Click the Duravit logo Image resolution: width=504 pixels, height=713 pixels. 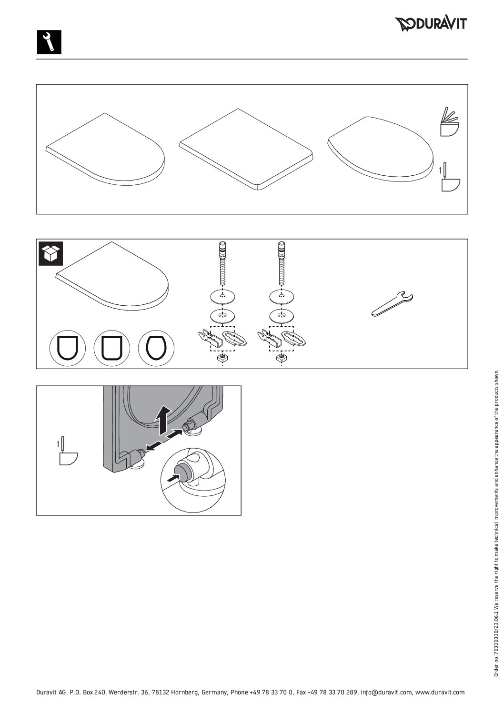click(x=431, y=24)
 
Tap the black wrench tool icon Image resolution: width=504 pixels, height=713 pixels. click(x=49, y=42)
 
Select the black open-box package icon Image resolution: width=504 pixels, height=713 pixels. click(x=50, y=253)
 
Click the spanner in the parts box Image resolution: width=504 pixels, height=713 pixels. click(x=392, y=304)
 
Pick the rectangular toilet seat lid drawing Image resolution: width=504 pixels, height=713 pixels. click(x=246, y=149)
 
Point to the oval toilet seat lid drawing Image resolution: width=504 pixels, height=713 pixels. click(x=381, y=148)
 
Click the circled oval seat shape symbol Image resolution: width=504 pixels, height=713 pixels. click(x=156, y=348)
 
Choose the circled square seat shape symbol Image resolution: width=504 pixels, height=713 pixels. click(x=112, y=348)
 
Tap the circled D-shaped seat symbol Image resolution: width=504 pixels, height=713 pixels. click(x=68, y=348)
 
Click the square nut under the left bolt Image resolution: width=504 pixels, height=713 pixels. click(x=222, y=357)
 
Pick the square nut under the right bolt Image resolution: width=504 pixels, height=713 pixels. click(x=281, y=357)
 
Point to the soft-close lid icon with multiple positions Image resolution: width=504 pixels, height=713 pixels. click(x=450, y=122)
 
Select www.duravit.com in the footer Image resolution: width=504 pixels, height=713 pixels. click(x=440, y=692)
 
